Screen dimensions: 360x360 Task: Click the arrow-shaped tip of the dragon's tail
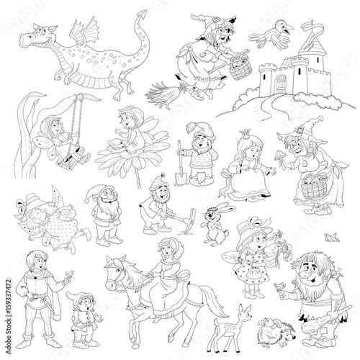[142, 15]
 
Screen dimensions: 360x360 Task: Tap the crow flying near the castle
[272, 35]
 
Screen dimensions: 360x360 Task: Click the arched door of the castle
[281, 84]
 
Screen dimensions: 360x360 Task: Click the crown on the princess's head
[246, 133]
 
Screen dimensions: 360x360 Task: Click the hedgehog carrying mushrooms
[276, 333]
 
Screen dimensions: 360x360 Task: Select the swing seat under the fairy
[71, 157]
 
